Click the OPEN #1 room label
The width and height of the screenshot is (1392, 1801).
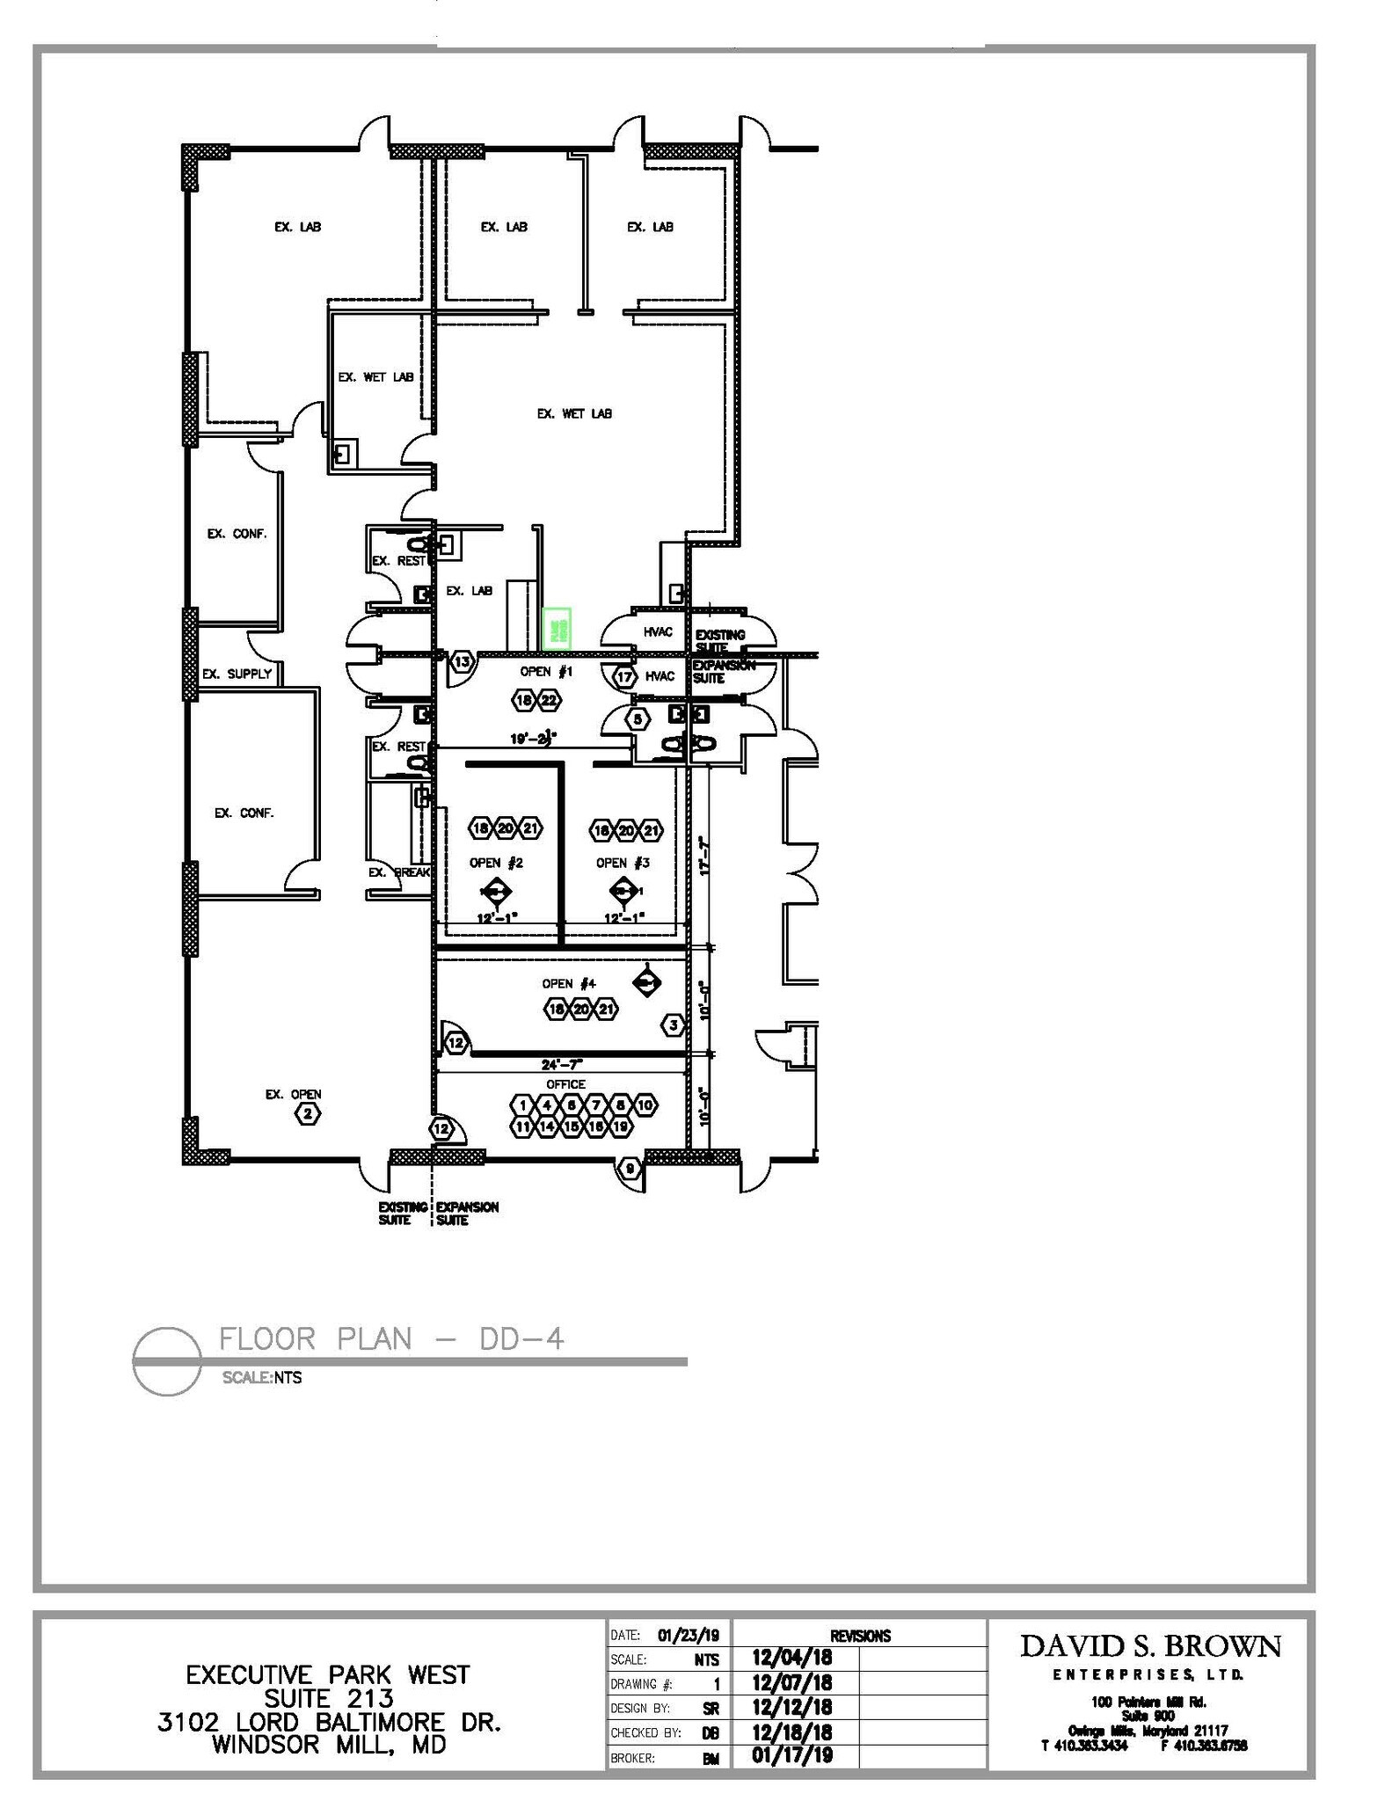pos(546,672)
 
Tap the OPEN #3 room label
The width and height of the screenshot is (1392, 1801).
pos(623,863)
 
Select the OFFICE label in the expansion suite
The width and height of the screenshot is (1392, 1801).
pos(565,1084)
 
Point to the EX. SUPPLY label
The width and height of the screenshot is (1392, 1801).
pos(237,674)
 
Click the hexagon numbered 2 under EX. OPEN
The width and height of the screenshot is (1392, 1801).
pos(307,1114)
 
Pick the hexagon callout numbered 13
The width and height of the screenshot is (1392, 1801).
pos(462,661)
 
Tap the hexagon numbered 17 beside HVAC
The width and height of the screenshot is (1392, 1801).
pos(624,677)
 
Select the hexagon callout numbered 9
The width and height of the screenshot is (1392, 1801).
pos(630,1169)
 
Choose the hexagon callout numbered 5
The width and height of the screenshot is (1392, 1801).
pos(638,719)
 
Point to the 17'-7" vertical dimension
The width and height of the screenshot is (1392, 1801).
pos(703,854)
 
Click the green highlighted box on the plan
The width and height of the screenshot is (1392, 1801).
pos(557,629)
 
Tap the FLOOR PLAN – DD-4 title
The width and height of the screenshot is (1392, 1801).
pos(391,1339)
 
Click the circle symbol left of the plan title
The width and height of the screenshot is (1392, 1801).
pos(166,1360)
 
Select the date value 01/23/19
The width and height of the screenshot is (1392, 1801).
pos(689,1636)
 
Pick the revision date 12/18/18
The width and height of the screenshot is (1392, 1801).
pos(792,1732)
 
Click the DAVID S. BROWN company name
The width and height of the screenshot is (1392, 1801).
pos(1150,1646)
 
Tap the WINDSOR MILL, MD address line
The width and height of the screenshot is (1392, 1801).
pos(329,1744)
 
